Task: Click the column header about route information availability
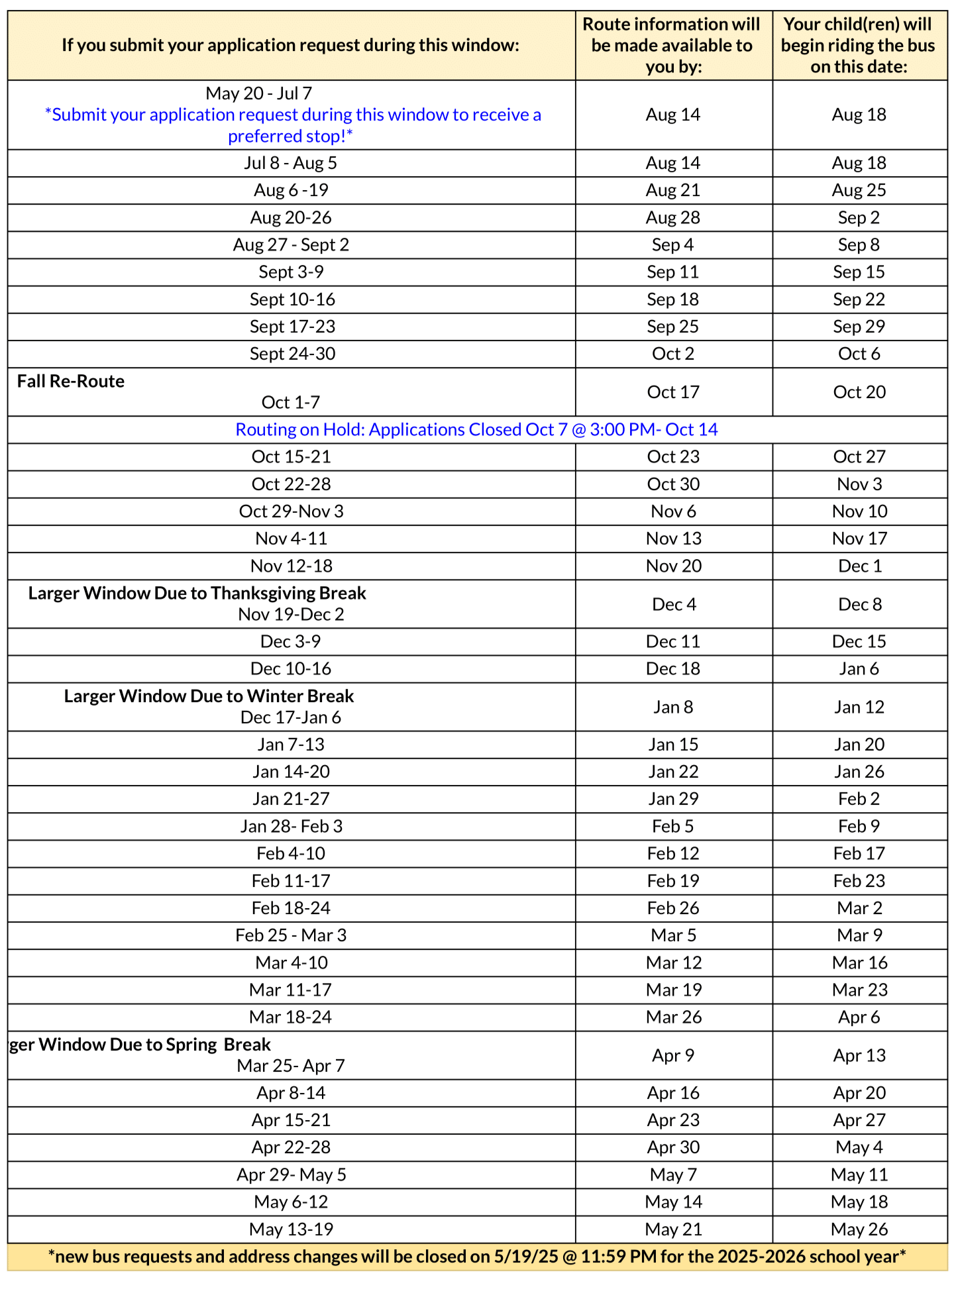[672, 45]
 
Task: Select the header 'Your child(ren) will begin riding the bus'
[859, 45]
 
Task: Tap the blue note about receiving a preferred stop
[292, 125]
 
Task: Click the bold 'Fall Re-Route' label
[71, 381]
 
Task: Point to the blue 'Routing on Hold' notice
[476, 429]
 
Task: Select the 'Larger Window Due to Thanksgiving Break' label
[197, 593]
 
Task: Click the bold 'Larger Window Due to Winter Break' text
[209, 696]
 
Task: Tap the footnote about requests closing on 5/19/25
[476, 1256]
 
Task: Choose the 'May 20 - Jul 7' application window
[258, 93]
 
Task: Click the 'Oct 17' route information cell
[673, 392]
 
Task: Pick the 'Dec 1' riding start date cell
[859, 566]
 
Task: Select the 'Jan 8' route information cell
[673, 707]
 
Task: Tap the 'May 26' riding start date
[859, 1229]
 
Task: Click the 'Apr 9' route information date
[673, 1055]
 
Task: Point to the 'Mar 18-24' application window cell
[291, 1017]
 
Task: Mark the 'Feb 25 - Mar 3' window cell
[291, 935]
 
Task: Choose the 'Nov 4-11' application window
[291, 539]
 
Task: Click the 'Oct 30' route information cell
[673, 484]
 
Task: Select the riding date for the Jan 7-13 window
[859, 745]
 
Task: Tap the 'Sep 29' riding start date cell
[859, 327]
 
